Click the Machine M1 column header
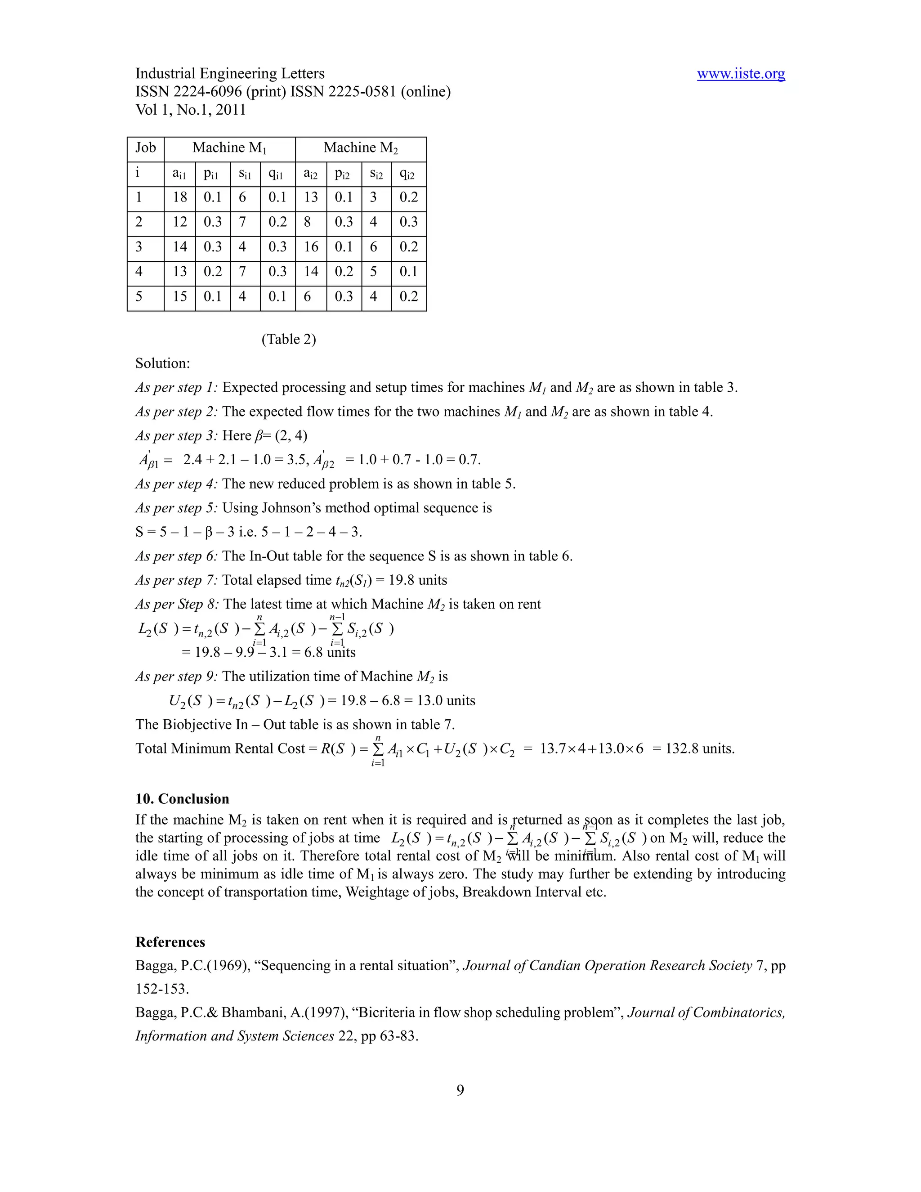tap(229, 148)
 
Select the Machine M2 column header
tap(361, 148)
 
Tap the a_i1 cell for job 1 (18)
tap(179, 197)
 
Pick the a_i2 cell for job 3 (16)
tap(311, 247)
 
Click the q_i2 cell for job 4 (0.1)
tap(408, 272)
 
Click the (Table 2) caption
tap(289, 340)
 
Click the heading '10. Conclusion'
tap(182, 799)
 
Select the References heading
tap(170, 942)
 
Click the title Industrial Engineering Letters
tap(230, 74)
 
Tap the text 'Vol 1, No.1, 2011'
tap(190, 110)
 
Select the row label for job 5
tap(139, 297)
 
